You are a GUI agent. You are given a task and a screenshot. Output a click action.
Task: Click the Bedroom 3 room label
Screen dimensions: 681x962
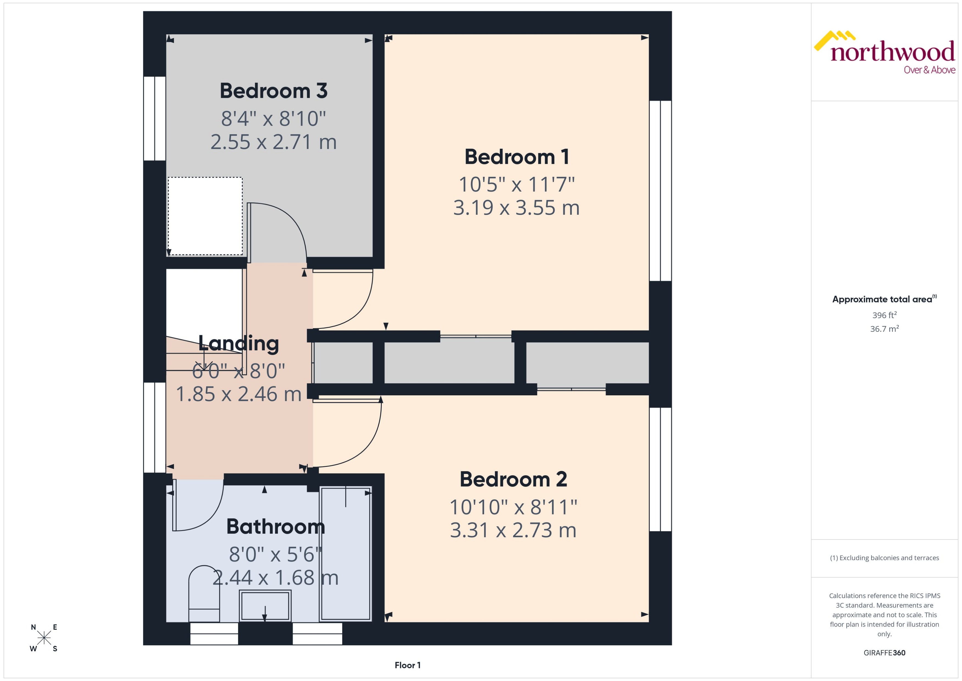273,91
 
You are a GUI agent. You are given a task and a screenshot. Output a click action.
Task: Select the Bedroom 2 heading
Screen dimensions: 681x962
513,479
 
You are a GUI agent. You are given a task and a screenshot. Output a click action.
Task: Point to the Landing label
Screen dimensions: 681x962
239,343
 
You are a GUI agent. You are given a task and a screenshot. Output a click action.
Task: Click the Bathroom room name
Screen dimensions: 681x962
275,527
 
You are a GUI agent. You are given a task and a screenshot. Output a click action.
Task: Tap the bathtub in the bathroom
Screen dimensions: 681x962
345,553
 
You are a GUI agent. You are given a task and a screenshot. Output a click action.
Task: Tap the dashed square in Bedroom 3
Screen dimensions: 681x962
205,216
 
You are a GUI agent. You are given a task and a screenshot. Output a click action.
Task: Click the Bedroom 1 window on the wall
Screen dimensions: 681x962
660,191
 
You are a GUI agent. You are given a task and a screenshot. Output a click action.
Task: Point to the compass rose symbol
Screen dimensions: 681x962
44,638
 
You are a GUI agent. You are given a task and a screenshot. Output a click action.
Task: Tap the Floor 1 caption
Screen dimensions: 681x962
407,665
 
